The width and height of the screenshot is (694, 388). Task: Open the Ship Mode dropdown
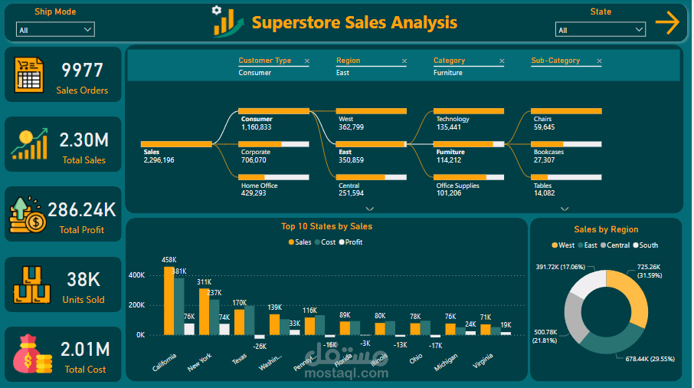55,30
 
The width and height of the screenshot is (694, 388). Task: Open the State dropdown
601,30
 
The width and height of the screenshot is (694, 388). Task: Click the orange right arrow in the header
667,23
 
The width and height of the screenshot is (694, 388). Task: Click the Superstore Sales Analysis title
354,23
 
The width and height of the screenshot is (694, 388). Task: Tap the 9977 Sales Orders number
82,71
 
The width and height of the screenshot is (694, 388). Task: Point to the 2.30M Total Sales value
84,140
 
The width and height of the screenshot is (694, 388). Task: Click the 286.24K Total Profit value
82,210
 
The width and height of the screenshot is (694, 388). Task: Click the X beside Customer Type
307,61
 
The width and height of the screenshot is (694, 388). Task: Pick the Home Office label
259,186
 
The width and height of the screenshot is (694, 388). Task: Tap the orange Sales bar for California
169,301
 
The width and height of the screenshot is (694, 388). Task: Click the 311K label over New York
204,282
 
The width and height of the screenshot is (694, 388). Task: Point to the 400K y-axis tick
136,275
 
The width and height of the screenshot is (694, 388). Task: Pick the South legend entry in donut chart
645,245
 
